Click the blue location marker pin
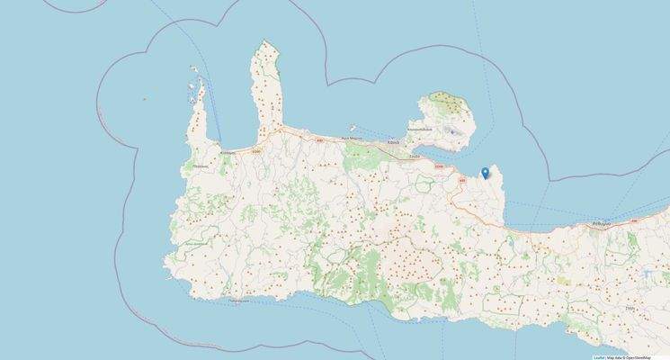click(486, 172)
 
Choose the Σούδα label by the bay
click(415, 157)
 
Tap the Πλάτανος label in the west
click(200, 166)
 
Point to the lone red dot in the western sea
click(143, 99)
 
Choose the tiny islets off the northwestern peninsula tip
click(194, 70)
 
